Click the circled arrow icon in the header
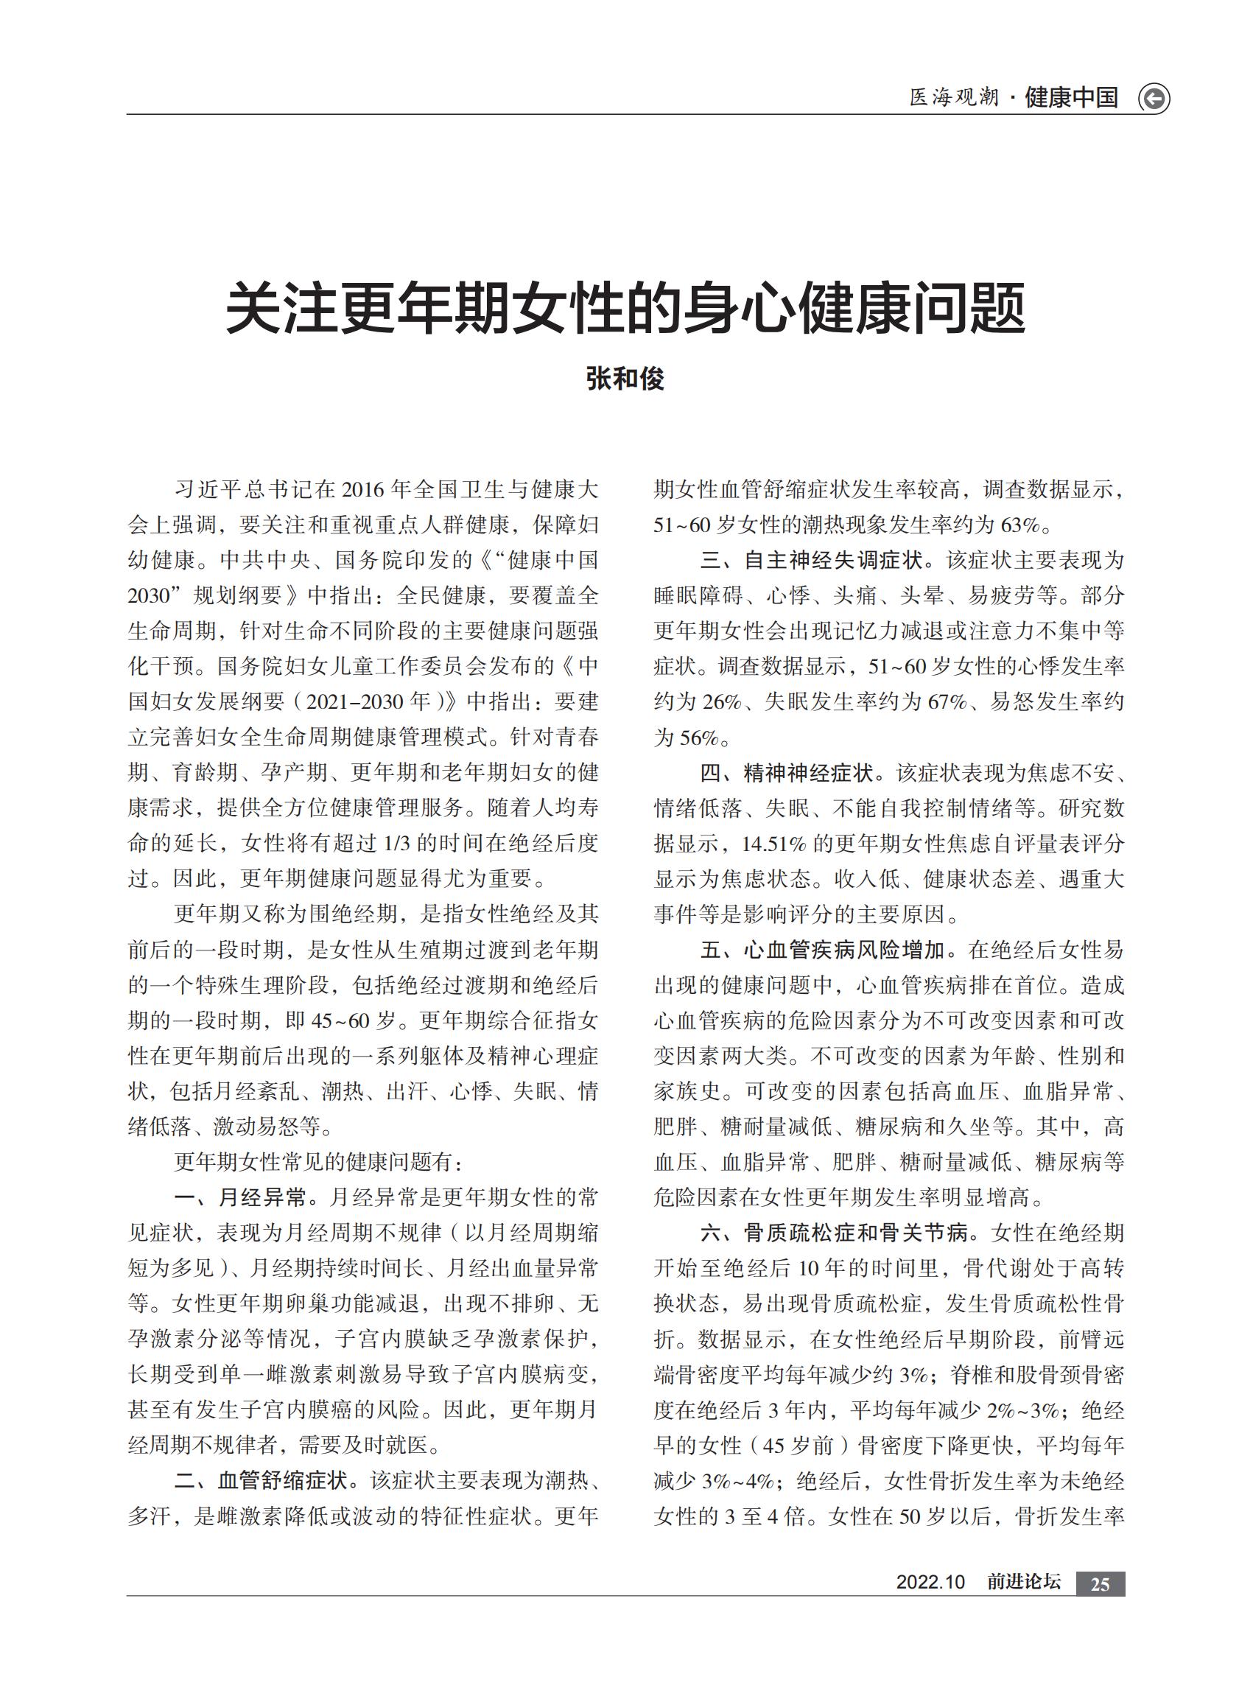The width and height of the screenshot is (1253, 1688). tap(1154, 99)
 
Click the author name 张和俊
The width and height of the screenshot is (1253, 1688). tap(625, 379)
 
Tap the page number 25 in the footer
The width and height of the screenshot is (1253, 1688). tap(1100, 1583)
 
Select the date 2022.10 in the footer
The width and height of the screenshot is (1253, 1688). tap(930, 1582)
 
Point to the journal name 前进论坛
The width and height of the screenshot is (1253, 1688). tap(1023, 1582)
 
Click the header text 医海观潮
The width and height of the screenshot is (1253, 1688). tap(954, 98)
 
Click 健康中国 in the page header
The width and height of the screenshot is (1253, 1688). tap(1071, 98)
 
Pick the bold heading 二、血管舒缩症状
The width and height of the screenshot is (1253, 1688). tap(262, 1480)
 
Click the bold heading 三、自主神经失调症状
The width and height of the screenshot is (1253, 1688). tap(811, 561)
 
